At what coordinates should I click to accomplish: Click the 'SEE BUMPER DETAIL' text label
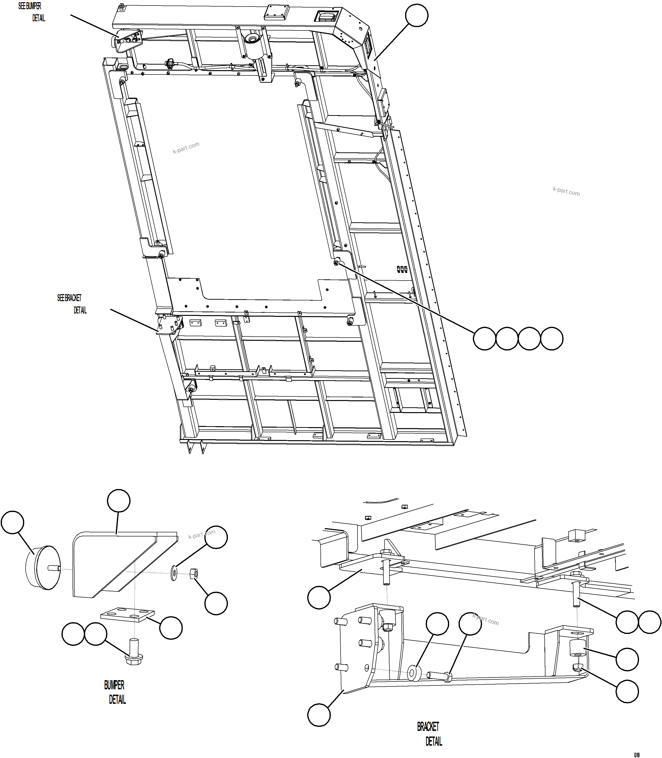point(32,12)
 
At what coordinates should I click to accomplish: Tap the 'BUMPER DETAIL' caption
point(115,692)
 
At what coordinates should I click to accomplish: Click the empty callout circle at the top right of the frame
point(417,15)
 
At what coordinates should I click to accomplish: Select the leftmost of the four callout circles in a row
point(484,338)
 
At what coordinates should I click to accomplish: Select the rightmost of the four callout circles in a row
point(551,338)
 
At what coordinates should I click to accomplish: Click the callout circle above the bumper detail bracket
point(119,501)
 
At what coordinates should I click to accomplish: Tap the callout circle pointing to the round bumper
point(13,522)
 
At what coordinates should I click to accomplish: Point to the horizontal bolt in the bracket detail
point(440,676)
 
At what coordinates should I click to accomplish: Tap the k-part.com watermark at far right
point(566,191)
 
